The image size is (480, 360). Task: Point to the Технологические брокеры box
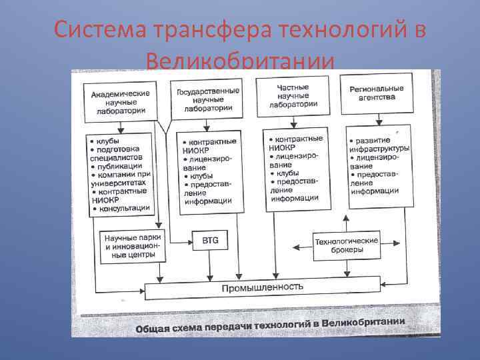coord(347,245)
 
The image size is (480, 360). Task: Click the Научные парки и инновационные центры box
coord(130,245)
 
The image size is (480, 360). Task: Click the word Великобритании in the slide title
coord(239,63)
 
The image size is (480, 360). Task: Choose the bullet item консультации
coord(122,208)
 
